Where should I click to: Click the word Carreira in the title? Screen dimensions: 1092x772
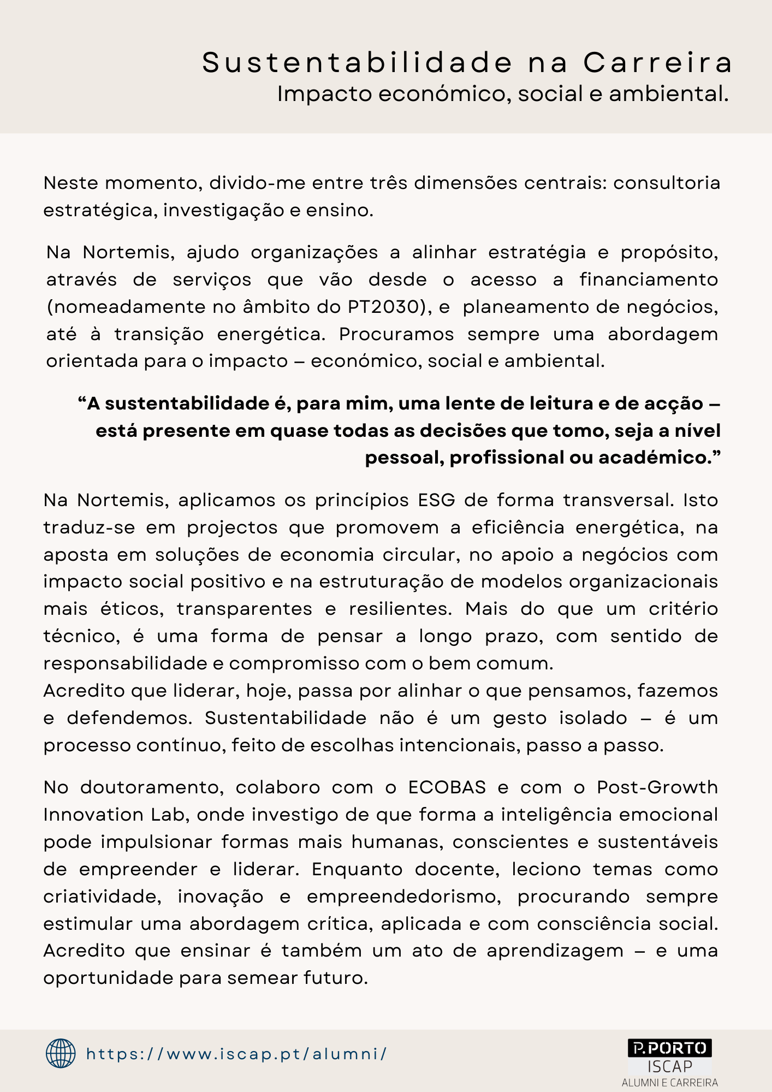(x=658, y=63)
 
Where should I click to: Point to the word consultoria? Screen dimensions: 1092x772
(x=667, y=183)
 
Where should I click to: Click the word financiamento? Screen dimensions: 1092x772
(x=649, y=280)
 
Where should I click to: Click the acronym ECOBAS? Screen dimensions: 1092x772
(x=447, y=787)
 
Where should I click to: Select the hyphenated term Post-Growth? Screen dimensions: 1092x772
(x=657, y=787)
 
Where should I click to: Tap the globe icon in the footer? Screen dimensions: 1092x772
(x=61, y=1053)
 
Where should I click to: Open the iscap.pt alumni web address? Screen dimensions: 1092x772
(x=236, y=1054)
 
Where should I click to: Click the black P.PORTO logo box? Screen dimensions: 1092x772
(x=669, y=1048)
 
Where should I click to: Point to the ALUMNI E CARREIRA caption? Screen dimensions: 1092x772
(x=669, y=1082)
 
